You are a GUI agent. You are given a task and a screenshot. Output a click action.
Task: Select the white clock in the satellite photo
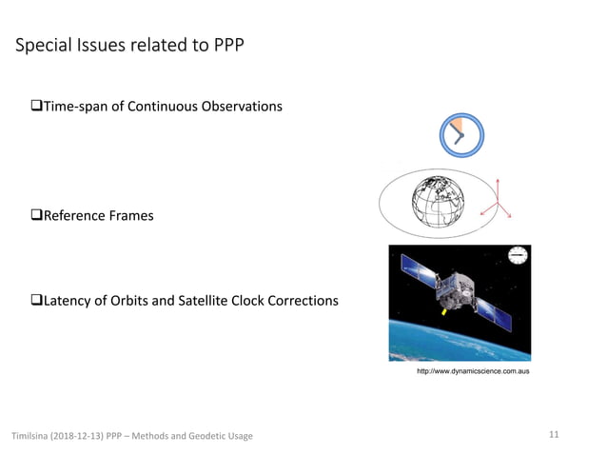[518, 255]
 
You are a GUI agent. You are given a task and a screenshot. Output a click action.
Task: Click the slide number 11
[555, 435]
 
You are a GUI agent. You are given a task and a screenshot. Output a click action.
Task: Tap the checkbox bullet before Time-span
[37, 106]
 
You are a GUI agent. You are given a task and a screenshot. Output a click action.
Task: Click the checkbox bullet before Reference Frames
[37, 216]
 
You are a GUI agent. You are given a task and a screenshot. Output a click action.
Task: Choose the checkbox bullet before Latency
[37, 301]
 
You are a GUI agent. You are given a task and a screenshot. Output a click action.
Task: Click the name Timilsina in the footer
[30, 436]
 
